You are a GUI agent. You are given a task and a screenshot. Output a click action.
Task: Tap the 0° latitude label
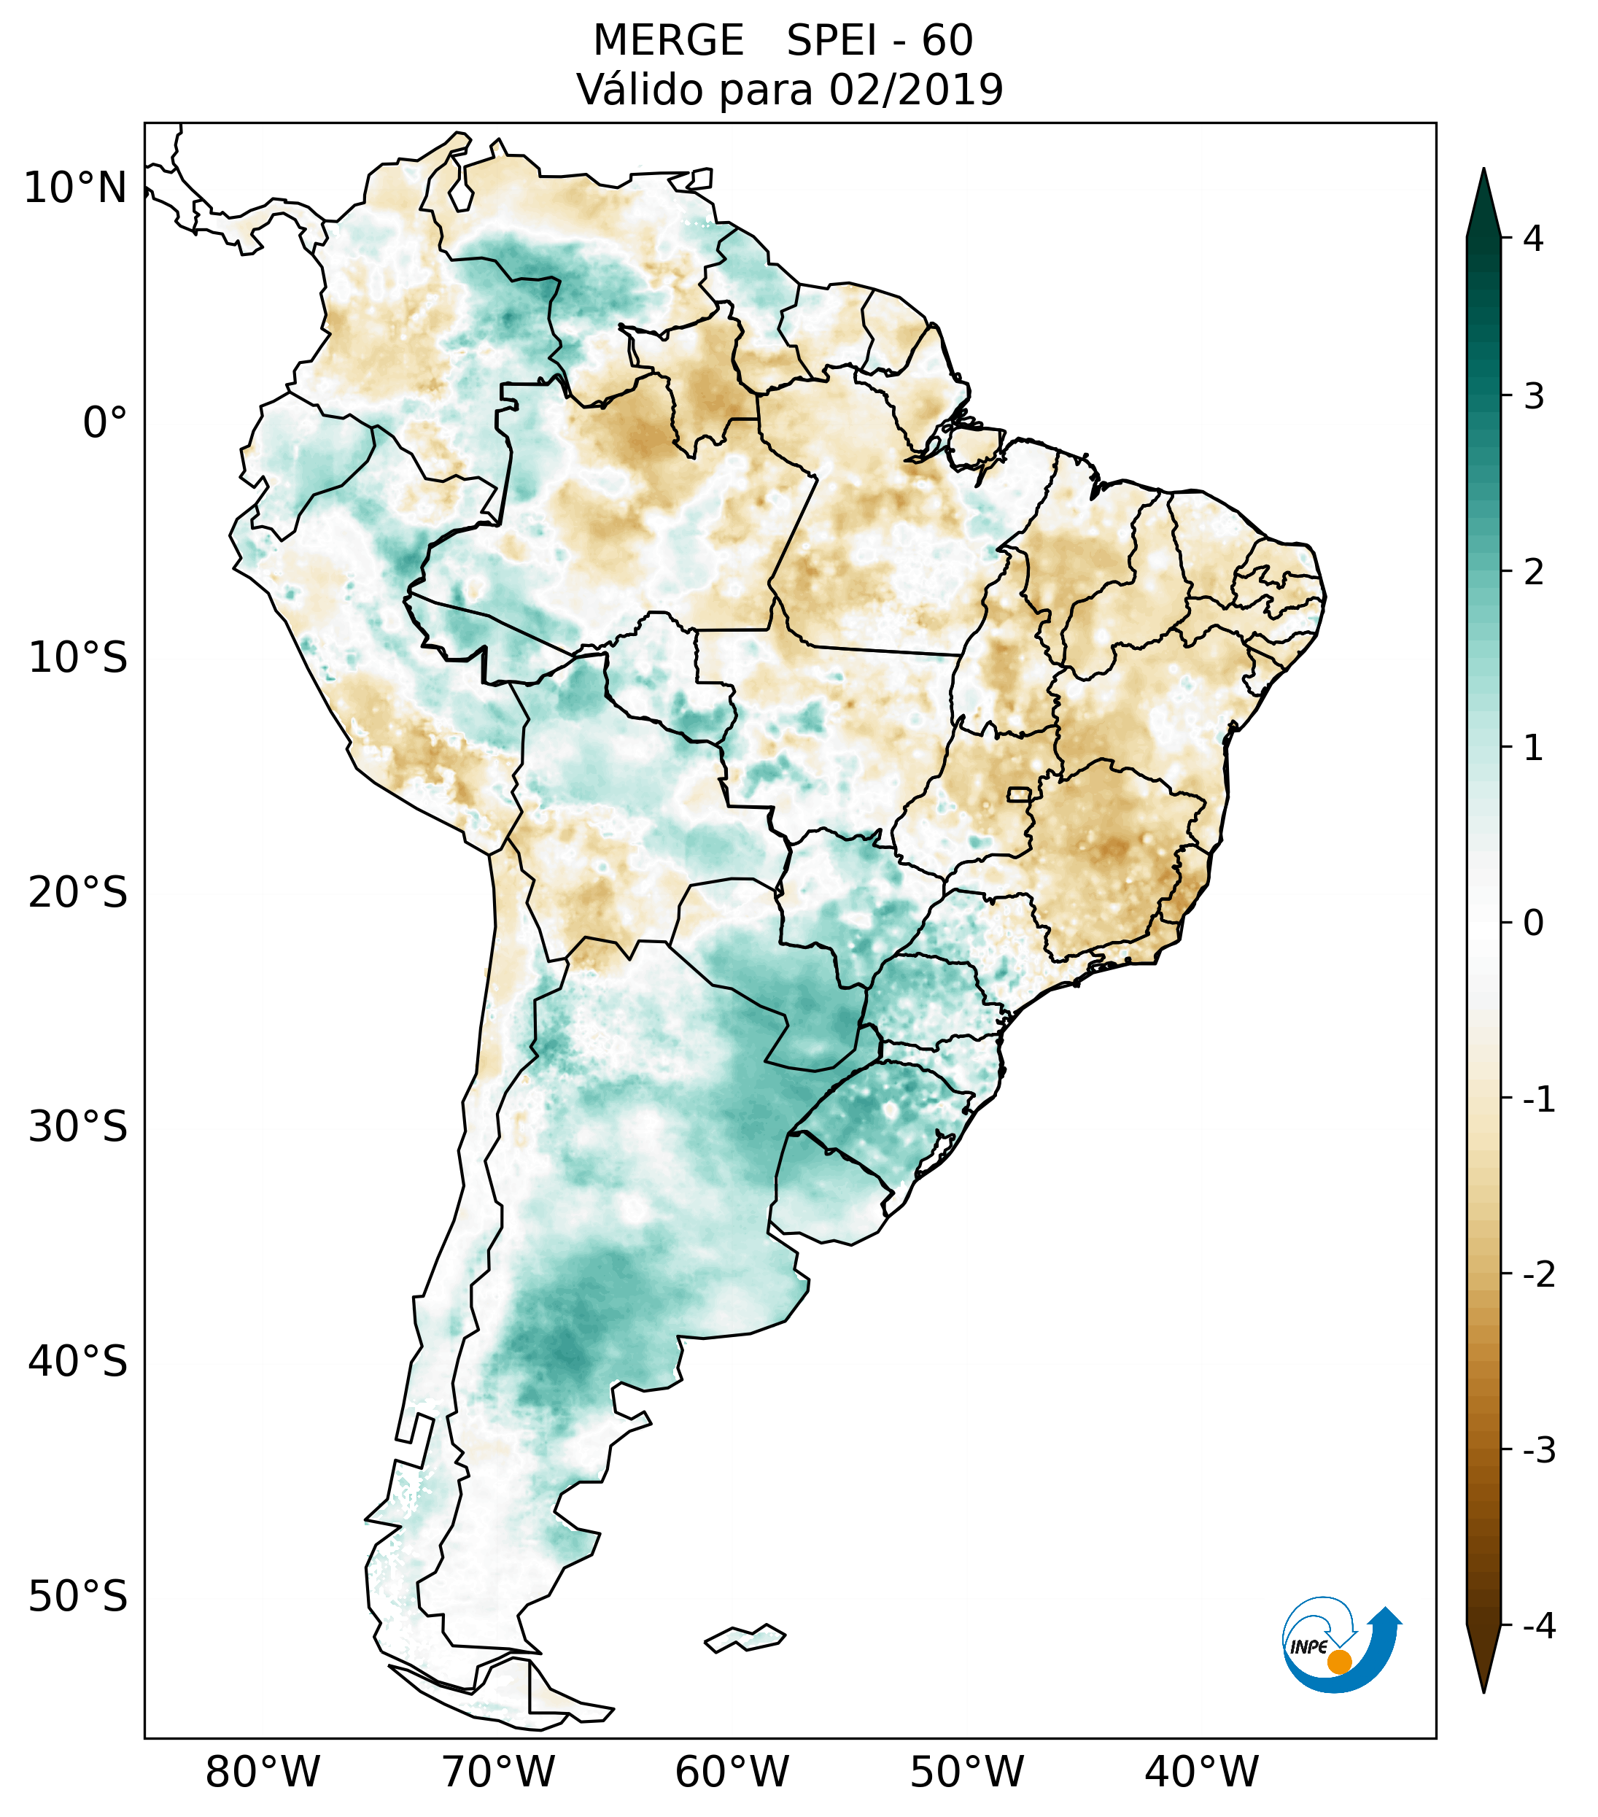(x=105, y=423)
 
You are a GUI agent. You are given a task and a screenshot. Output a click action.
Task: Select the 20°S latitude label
(x=78, y=893)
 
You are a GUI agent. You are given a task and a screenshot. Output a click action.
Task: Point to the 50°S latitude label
(x=78, y=1597)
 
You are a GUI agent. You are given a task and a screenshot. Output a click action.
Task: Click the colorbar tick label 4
(x=1533, y=239)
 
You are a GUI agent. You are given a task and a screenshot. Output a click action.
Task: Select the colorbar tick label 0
(x=1533, y=923)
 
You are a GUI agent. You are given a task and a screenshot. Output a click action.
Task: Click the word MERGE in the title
(x=668, y=41)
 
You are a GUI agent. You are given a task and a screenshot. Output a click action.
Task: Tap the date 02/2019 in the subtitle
(x=916, y=90)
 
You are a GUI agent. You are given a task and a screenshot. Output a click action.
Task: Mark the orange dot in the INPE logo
(x=1339, y=1662)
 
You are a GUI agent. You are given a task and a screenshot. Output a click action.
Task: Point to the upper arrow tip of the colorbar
(x=1483, y=168)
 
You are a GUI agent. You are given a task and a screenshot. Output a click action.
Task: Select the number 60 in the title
(x=947, y=41)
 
